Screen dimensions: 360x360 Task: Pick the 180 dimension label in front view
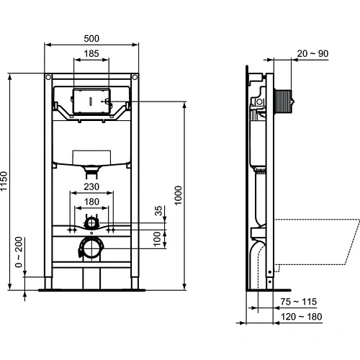(x=91, y=203)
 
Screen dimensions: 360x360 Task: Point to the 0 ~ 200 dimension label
(x=20, y=252)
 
